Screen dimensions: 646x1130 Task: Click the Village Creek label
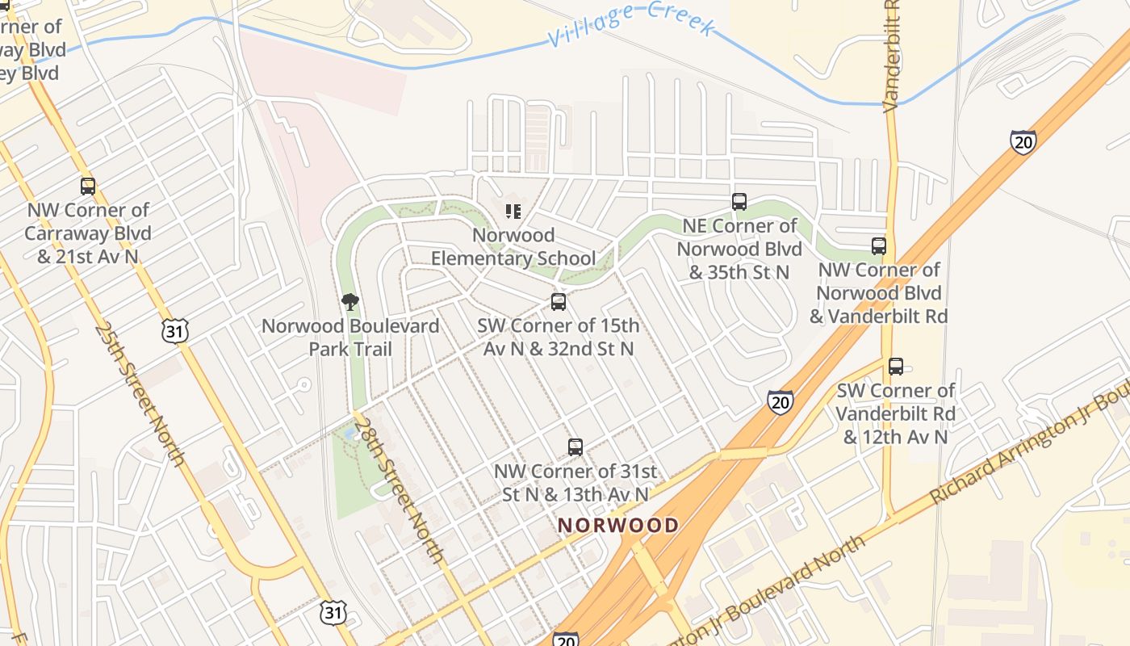point(631,23)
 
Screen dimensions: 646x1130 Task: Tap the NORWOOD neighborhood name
point(618,525)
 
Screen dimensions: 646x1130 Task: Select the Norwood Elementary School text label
point(513,247)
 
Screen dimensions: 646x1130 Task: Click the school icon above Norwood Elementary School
point(513,212)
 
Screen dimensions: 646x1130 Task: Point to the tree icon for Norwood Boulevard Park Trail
point(349,302)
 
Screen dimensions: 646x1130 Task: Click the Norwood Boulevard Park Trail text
point(350,338)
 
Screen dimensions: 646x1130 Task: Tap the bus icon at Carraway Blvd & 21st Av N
point(88,187)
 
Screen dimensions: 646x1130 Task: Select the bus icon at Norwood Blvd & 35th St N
point(739,202)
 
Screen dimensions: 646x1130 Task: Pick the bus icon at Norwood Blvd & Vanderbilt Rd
point(879,246)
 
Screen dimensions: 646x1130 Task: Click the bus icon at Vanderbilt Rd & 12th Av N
point(896,367)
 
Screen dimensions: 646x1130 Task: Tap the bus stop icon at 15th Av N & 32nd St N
point(559,302)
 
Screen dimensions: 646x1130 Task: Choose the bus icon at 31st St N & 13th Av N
point(575,447)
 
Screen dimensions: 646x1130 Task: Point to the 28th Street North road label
point(399,490)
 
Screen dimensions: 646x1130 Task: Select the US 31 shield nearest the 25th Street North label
point(175,329)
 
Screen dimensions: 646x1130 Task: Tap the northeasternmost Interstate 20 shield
point(1023,142)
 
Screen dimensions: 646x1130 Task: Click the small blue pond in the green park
point(349,434)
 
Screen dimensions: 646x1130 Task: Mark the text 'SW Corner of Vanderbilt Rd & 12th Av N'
point(895,413)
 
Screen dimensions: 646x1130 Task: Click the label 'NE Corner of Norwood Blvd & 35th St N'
point(739,249)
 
